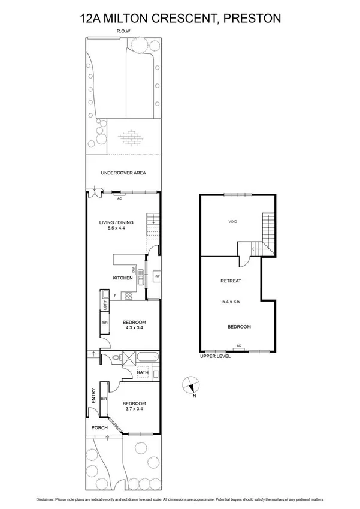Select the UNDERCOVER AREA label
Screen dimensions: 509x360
coord(123,173)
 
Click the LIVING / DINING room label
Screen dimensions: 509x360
coord(116,223)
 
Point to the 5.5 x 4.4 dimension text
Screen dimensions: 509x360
coord(116,229)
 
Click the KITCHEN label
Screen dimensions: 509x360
coord(123,278)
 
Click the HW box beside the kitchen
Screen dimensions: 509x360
coord(156,276)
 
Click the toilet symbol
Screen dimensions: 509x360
coord(106,359)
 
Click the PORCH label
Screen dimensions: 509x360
coord(99,428)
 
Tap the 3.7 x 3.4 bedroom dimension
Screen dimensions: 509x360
coord(135,409)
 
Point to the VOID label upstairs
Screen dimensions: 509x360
coord(233,222)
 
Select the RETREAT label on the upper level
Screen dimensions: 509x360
coord(231,280)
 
